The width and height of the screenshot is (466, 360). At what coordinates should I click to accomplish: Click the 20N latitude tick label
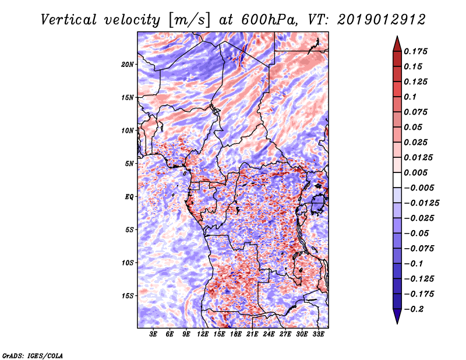pos(128,64)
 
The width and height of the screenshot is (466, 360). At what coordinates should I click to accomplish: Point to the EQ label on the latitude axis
pos(129,197)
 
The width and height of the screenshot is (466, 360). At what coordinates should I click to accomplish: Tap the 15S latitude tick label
pos(128,296)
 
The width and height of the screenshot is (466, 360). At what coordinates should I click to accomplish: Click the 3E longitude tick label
pos(154,335)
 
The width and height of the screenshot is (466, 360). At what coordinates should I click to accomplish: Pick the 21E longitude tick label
pos(253,335)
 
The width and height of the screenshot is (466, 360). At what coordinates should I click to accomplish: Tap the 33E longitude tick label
pos(319,335)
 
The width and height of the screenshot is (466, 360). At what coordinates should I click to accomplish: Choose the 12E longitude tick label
pos(203,335)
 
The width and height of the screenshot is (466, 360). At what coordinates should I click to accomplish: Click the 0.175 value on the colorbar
pos(416,51)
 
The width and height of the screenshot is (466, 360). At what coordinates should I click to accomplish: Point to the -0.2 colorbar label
pos(415,309)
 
